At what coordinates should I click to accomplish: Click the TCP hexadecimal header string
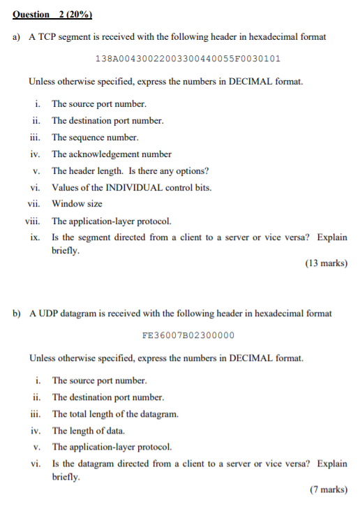(188, 59)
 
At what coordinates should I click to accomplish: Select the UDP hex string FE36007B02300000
(188, 335)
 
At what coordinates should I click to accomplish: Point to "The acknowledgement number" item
(112, 154)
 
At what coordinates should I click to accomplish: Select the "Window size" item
(77, 204)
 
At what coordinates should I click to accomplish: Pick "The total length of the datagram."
(115, 413)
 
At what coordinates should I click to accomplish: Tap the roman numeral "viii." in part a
(33, 221)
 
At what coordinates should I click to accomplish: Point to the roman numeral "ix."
(35, 237)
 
